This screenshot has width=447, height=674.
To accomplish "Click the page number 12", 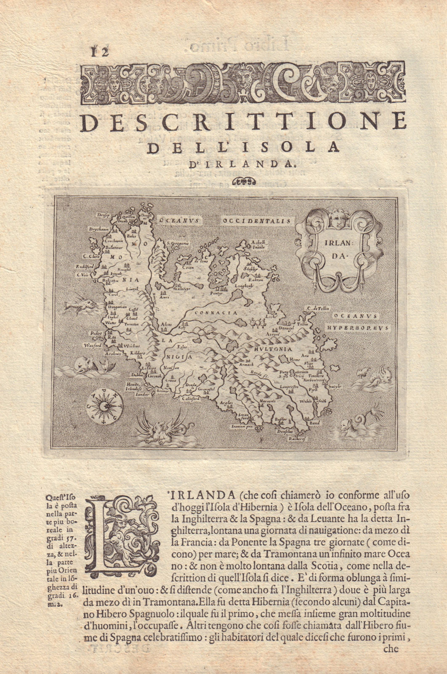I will coord(98,52).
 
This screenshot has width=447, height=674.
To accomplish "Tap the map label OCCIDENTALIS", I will coord(257,220).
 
